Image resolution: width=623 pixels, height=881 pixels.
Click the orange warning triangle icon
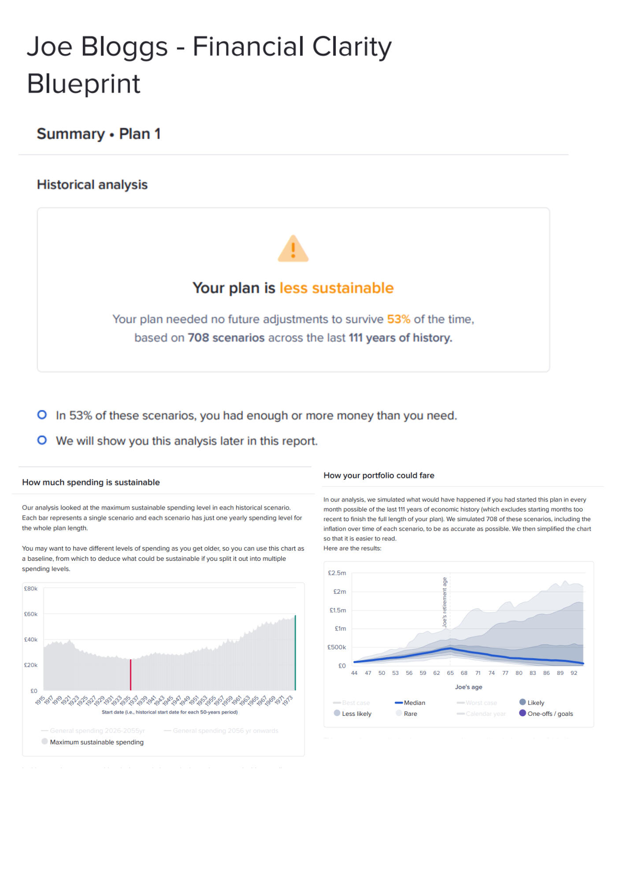(x=293, y=249)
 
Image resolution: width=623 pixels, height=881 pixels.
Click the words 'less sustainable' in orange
(x=336, y=288)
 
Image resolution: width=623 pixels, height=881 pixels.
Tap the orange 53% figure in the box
(x=398, y=319)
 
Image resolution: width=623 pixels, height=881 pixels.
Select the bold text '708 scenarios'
(x=226, y=338)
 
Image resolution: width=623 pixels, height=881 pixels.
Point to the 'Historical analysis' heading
(x=92, y=185)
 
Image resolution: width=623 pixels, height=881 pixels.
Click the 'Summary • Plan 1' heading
(x=99, y=134)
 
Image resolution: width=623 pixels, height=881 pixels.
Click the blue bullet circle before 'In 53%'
(x=42, y=415)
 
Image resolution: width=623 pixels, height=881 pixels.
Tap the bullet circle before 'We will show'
(x=42, y=440)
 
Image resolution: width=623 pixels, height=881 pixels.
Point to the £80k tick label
(x=31, y=589)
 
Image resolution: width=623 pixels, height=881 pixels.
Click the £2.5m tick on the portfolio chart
(x=337, y=573)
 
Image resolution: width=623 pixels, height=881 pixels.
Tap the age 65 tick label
(x=450, y=673)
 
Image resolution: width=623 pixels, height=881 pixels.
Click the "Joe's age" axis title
(x=468, y=687)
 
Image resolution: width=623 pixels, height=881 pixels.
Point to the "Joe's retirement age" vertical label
(x=445, y=602)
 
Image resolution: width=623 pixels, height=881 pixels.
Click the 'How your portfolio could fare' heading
(x=378, y=476)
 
